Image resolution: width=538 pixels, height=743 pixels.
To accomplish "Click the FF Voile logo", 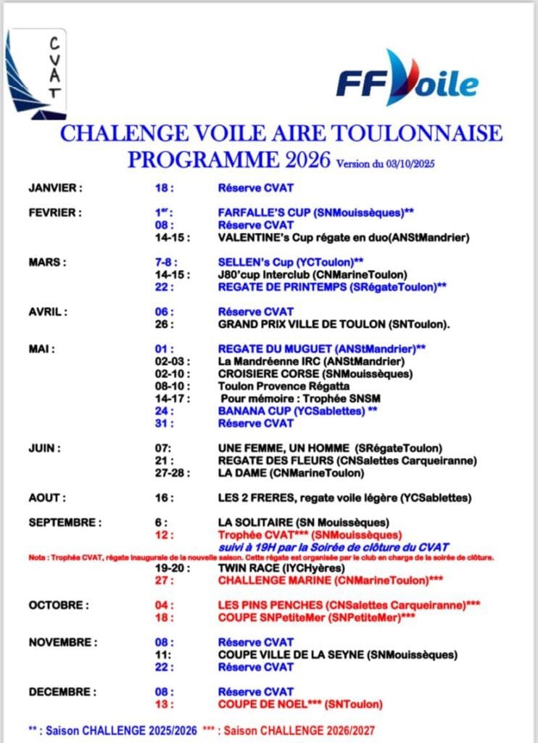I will (x=406, y=78).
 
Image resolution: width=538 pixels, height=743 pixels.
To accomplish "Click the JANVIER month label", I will (x=55, y=188).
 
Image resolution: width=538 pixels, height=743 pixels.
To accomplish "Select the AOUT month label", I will (x=47, y=498).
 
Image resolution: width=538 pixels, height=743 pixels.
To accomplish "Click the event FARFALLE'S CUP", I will (x=315, y=213).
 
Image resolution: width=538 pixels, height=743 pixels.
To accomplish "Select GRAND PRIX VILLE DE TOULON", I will (x=334, y=324).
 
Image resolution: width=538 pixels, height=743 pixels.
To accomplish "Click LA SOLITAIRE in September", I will (x=304, y=522).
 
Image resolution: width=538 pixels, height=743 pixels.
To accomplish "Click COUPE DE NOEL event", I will (x=300, y=704).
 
